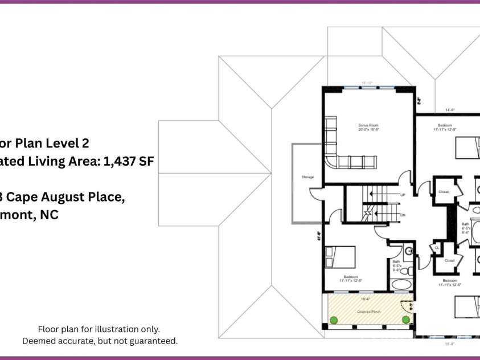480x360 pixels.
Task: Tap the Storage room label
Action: pyautogui.click(x=307, y=177)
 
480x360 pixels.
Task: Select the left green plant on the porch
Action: pyautogui.click(x=334, y=320)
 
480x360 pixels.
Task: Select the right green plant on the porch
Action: pyautogui.click(x=405, y=320)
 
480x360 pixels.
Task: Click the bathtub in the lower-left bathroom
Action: pyautogui.click(x=401, y=285)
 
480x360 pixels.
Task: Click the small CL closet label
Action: pyautogui.click(x=436, y=248)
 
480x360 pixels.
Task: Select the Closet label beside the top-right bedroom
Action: pyautogui.click(x=444, y=192)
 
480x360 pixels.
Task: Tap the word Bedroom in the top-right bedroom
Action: pyautogui.click(x=445, y=125)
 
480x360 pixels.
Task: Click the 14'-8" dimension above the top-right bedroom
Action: pyautogui.click(x=450, y=110)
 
